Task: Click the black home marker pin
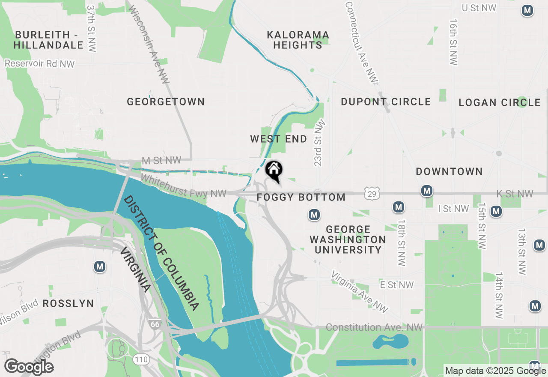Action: [274, 170]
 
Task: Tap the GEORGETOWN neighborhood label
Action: [166, 102]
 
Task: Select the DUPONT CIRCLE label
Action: [385, 102]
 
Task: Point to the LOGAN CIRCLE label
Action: [499, 102]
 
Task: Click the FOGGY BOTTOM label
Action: [301, 197]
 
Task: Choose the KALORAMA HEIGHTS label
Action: [298, 39]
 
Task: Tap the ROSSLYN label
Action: [68, 303]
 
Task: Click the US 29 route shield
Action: [372, 194]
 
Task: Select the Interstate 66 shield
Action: [155, 324]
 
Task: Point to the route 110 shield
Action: [141, 359]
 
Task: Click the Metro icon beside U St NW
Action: [527, 11]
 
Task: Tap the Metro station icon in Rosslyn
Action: [100, 267]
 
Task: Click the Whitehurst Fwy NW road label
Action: [183, 186]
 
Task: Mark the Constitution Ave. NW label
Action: [374, 327]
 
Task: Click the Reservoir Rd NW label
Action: [40, 64]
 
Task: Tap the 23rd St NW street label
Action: [320, 143]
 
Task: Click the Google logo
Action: [29, 367]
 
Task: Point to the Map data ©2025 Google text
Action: [495, 371]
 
